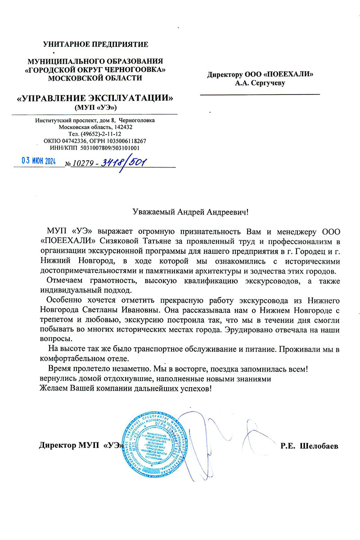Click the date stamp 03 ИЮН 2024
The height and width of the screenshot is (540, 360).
pos(39,162)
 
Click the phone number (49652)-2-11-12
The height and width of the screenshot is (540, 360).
pos(95,134)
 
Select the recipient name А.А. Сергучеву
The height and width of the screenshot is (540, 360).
pos(260,83)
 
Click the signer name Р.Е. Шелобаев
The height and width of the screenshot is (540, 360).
pos(309,446)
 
